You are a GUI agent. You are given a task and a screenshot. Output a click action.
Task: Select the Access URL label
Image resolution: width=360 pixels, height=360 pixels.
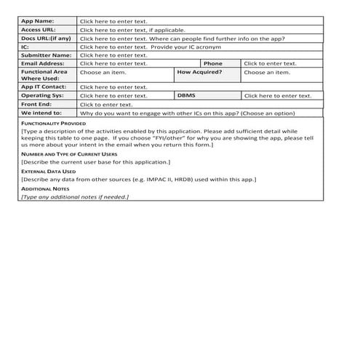click(38, 30)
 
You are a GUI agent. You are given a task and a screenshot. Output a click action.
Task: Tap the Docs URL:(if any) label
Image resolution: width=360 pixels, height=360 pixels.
click(46, 38)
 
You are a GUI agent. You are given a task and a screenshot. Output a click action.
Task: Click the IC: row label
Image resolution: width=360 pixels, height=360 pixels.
click(25, 47)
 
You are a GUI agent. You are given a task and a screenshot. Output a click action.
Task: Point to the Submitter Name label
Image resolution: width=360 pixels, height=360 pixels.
click(46, 55)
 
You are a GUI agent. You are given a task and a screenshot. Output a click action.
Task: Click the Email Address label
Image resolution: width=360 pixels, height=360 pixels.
click(43, 63)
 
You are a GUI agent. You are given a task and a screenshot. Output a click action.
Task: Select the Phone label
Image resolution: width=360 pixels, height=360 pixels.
click(212, 63)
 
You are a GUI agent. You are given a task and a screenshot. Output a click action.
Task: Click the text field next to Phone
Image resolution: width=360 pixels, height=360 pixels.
click(270, 63)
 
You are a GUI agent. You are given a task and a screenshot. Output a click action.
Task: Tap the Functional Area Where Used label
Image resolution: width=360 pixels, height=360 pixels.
click(44, 76)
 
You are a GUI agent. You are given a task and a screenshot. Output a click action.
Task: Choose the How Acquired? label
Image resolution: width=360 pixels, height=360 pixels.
click(199, 72)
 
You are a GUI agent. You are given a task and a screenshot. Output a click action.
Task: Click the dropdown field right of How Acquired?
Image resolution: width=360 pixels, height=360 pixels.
click(266, 72)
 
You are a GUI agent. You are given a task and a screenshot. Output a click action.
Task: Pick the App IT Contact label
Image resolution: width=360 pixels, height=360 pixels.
click(44, 87)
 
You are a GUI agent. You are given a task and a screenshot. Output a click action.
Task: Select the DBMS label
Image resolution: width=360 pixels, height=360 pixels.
click(186, 95)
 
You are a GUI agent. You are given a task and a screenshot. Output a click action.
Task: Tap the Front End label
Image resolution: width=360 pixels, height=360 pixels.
click(36, 104)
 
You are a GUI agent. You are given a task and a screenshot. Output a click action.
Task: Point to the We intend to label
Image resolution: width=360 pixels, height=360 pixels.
click(41, 113)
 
